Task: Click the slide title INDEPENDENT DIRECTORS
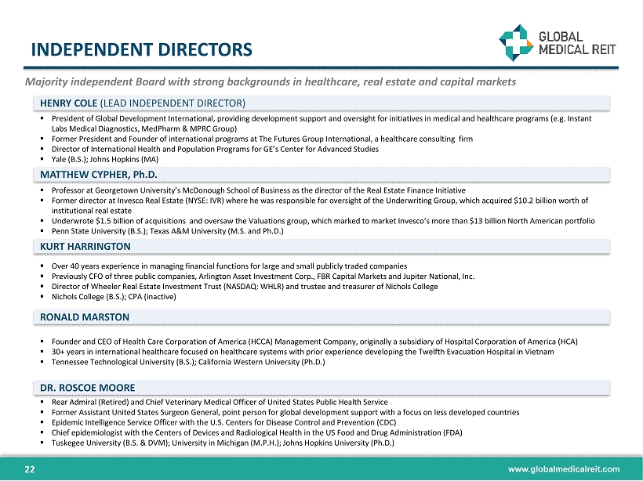pos(142,50)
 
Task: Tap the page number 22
pos(31,469)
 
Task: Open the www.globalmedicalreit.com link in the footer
pos(564,469)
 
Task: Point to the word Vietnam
pos(539,352)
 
